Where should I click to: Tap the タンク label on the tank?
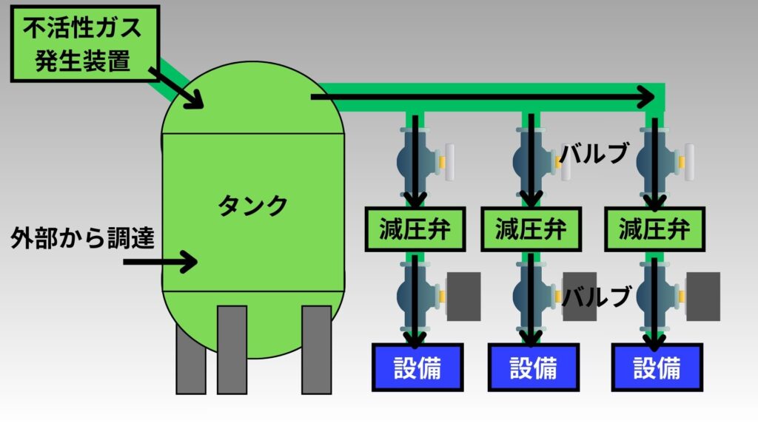[x=252, y=205]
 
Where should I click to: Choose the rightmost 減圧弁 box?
[x=654, y=229]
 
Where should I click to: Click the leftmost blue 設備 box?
[x=416, y=368]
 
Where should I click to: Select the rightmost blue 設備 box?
[x=657, y=368]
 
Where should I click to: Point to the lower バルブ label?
[x=597, y=297]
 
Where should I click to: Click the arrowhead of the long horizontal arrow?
[x=648, y=96]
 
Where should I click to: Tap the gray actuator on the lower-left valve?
[x=463, y=296]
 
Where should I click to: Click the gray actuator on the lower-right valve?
[x=703, y=296]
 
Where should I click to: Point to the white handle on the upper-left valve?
[x=449, y=160]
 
